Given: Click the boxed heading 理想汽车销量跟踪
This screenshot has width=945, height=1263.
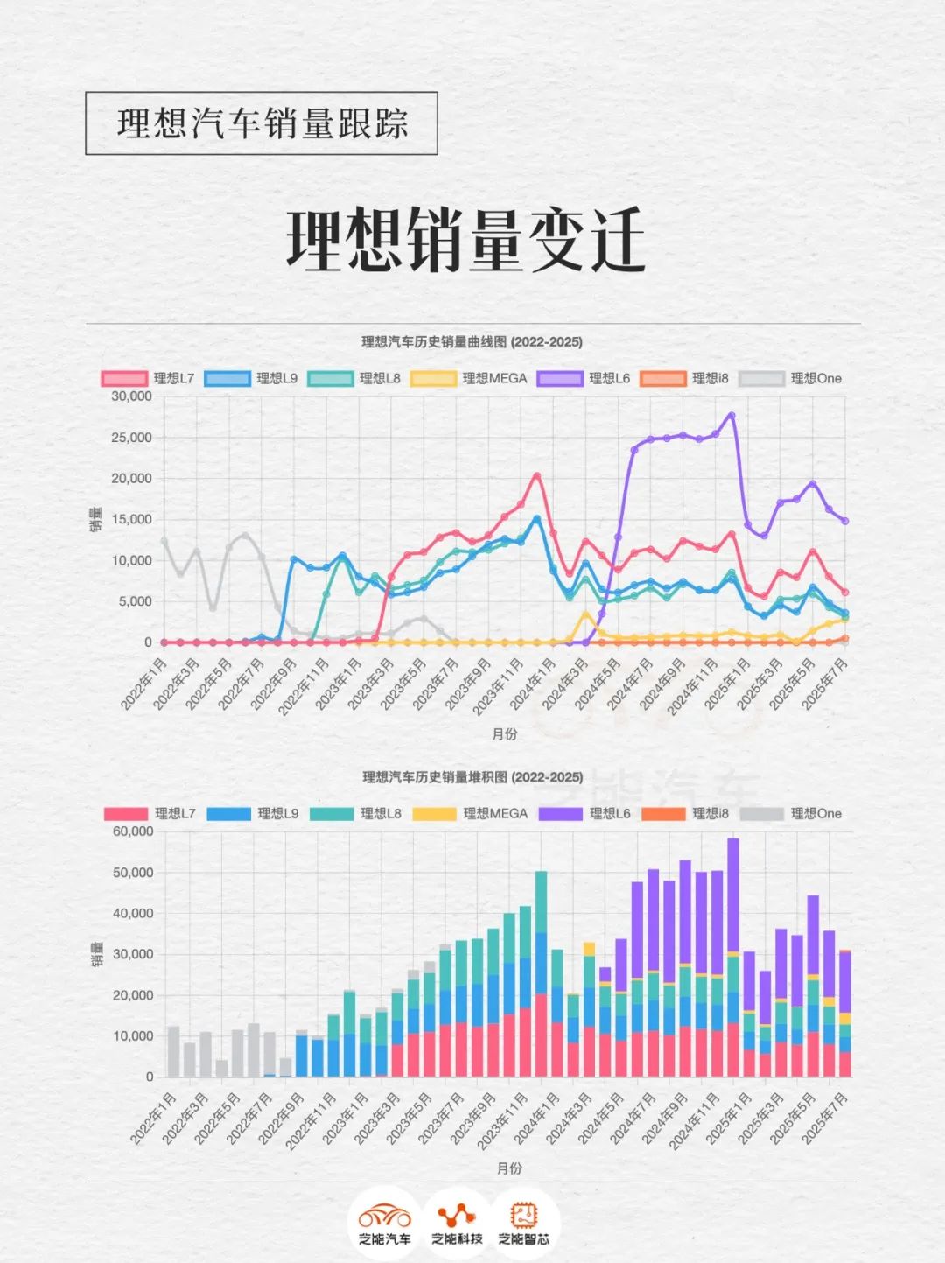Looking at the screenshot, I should pyautogui.click(x=262, y=123).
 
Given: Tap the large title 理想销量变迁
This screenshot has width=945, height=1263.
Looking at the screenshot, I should pyautogui.click(x=465, y=240).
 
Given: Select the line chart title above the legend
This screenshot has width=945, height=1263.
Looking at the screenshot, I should pyautogui.click(x=472, y=342).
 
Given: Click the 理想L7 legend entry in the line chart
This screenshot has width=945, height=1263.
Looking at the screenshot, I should pyautogui.click(x=149, y=379).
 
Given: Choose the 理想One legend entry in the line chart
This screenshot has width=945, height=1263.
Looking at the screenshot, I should pyautogui.click(x=791, y=379).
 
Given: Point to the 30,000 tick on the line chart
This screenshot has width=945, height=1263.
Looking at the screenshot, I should pyautogui.click(x=131, y=396).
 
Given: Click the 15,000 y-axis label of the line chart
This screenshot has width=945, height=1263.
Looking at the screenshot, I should pyautogui.click(x=131, y=520).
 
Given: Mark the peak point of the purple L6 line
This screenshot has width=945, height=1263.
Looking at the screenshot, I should pyautogui.click(x=731, y=415).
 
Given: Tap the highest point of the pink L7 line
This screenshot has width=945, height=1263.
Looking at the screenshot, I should pyautogui.click(x=537, y=476).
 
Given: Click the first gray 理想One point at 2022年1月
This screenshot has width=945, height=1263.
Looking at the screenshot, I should pyautogui.click(x=164, y=541).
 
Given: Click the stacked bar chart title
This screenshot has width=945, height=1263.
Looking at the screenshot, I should pyautogui.click(x=472, y=777).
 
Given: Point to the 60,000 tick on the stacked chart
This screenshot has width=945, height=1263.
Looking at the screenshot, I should pyautogui.click(x=133, y=831).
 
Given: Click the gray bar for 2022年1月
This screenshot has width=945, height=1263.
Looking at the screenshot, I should pyautogui.click(x=173, y=1051).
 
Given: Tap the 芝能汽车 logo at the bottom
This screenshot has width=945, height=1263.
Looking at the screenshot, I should pyautogui.click(x=384, y=1223).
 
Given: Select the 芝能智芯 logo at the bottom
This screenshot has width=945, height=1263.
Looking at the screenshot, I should pyautogui.click(x=524, y=1223).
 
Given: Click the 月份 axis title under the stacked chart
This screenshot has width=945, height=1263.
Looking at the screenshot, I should pyautogui.click(x=508, y=1168).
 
